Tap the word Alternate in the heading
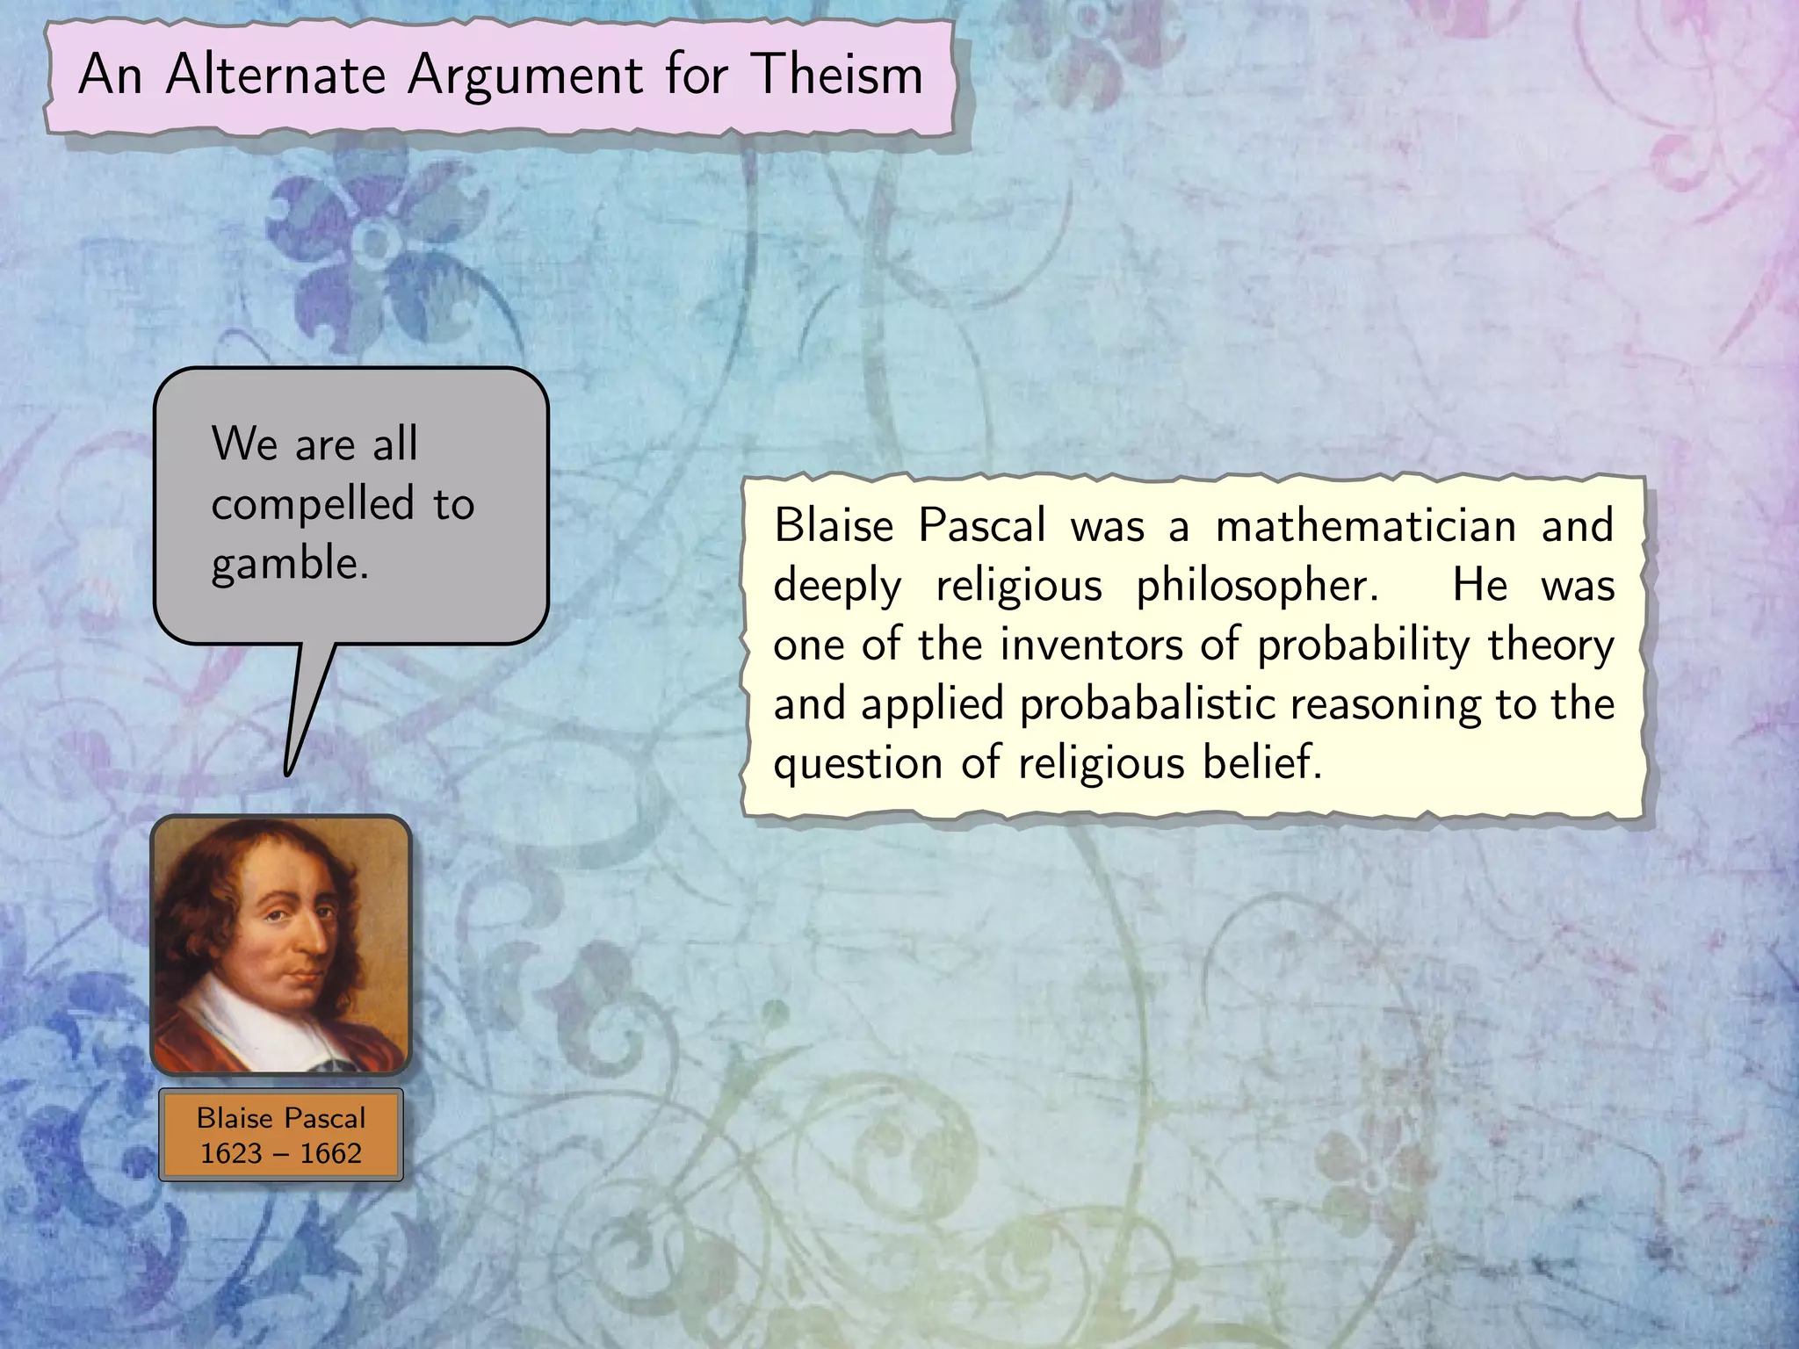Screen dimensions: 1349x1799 click(276, 74)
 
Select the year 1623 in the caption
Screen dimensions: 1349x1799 click(231, 1153)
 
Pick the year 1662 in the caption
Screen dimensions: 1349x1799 click(330, 1153)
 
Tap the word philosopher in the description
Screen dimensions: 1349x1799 click(1256, 587)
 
